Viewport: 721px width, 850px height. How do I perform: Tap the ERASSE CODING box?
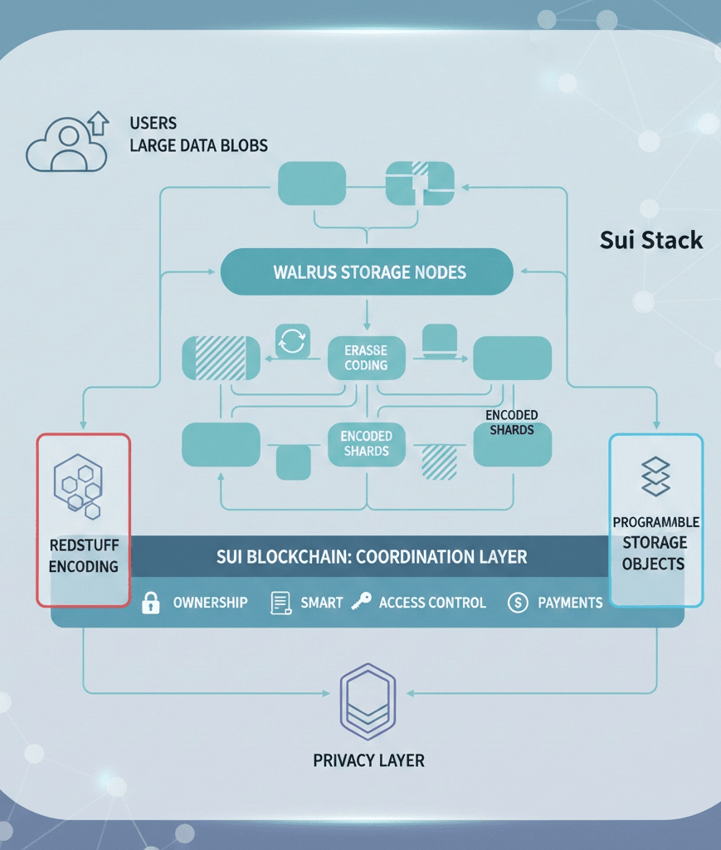[366, 358]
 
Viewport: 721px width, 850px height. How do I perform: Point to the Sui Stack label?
[650, 241]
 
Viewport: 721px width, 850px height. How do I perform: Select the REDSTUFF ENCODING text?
[83, 555]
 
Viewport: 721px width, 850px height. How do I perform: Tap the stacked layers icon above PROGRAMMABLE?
[655, 476]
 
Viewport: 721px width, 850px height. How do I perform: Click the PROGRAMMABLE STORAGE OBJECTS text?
[655, 543]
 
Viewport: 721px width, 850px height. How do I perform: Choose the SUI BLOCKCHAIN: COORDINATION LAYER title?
[372, 556]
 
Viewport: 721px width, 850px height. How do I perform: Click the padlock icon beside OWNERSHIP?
[150, 603]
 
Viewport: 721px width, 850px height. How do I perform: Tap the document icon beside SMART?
[280, 603]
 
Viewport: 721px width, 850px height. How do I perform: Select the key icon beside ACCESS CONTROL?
[361, 602]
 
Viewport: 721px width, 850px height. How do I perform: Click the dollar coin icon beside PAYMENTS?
[517, 603]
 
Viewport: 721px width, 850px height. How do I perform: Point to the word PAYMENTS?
[570, 603]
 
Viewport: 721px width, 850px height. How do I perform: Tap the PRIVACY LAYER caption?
[368, 760]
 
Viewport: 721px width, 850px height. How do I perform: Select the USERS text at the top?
[153, 124]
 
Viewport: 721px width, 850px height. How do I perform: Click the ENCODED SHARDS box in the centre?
[366, 443]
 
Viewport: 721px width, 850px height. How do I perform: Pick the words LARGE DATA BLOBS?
[198, 146]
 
